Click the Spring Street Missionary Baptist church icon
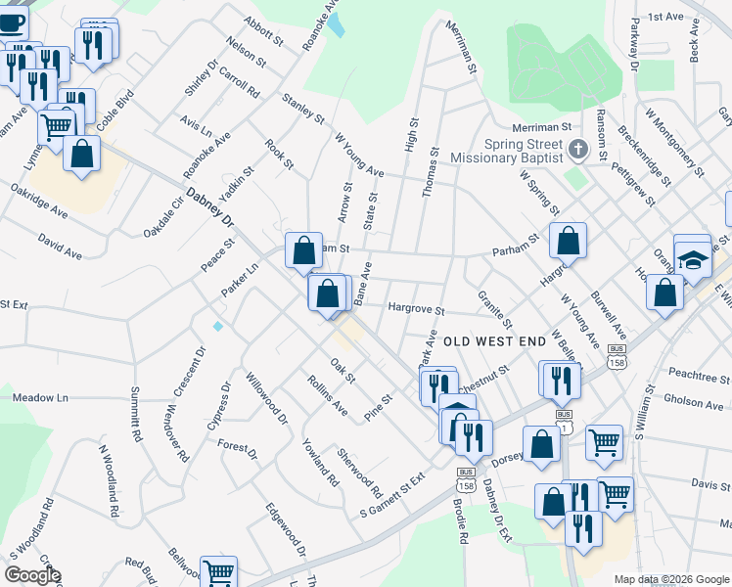(x=577, y=150)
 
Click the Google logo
(x=31, y=575)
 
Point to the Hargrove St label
(x=416, y=308)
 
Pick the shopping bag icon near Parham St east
(x=568, y=241)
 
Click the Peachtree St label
(x=699, y=374)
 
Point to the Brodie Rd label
(x=461, y=514)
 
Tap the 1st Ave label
(x=664, y=17)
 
